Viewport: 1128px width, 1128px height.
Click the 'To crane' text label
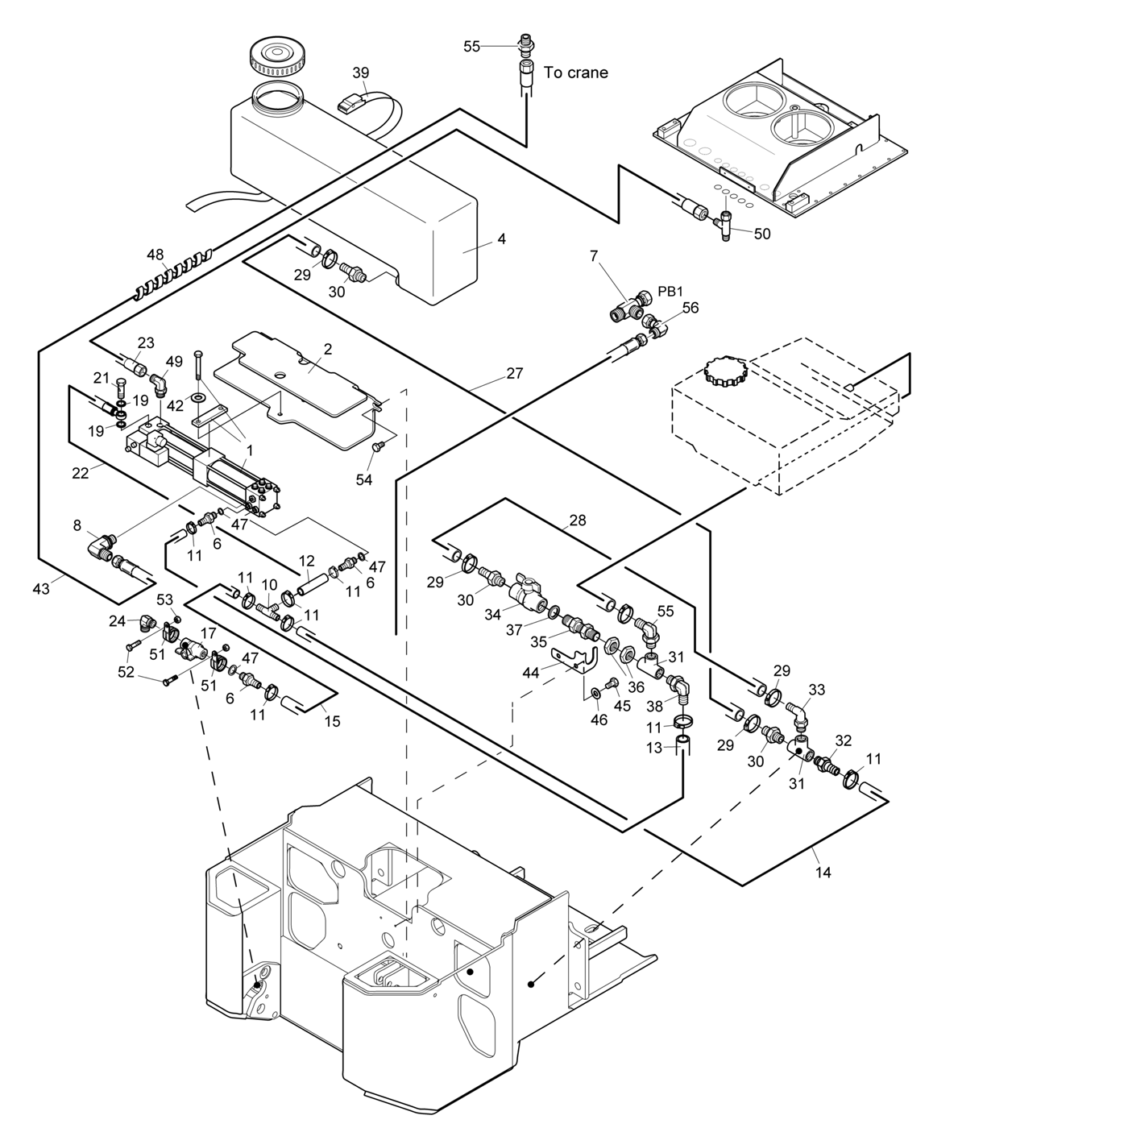click(x=575, y=73)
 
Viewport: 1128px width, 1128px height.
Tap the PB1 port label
click(x=670, y=291)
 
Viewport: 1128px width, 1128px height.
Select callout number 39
click(x=360, y=73)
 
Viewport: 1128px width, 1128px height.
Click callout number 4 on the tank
click(x=501, y=239)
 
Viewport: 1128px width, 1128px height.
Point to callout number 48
click(x=155, y=255)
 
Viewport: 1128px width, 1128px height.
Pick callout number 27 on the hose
click(x=515, y=373)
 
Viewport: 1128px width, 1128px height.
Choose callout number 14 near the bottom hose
click(x=823, y=872)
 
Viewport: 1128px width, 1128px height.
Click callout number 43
click(x=41, y=589)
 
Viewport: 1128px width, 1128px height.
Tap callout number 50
click(x=761, y=234)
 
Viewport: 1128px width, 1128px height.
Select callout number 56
click(x=690, y=308)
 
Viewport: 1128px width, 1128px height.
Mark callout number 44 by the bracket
click(x=530, y=673)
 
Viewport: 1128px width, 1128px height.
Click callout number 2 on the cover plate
click(x=328, y=349)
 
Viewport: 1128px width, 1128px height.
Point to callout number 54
click(x=364, y=479)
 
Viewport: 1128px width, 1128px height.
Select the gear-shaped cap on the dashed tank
click(x=726, y=371)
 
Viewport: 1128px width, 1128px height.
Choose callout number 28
click(x=578, y=520)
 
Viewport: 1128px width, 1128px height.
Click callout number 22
click(x=81, y=473)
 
